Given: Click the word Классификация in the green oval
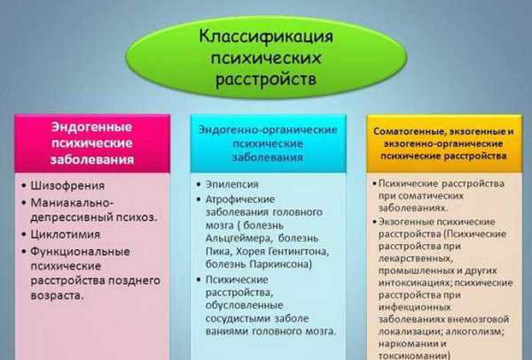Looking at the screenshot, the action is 266,36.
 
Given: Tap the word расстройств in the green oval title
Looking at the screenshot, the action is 266,79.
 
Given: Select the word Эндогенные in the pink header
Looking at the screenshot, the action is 91,127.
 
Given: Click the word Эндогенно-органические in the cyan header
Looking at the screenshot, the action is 268,130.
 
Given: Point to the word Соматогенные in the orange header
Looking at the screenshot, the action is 403,131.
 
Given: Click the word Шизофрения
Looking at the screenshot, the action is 67,185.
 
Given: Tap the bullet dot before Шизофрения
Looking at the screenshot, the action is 24,185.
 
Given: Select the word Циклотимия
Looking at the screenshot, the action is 65,234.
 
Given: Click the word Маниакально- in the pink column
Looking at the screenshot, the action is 72,202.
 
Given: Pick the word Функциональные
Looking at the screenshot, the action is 80,252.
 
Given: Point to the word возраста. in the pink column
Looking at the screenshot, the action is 57,295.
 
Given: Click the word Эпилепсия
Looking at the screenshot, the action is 232,184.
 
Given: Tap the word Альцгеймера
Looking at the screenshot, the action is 239,239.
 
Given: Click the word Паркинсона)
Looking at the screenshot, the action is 280,264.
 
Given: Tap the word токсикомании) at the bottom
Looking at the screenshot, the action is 415,356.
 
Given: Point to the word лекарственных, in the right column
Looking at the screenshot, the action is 416,259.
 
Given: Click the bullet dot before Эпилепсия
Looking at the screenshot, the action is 199,184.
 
